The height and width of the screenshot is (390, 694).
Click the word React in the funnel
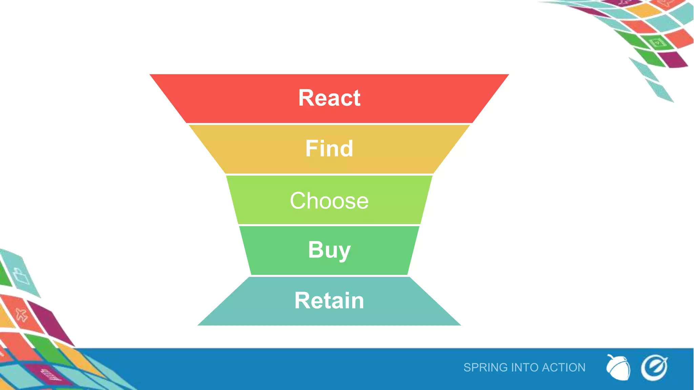click(x=329, y=98)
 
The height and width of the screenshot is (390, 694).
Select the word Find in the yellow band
click(x=329, y=148)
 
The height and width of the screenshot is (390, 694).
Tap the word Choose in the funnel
click(x=329, y=200)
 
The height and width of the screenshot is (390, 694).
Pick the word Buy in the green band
click(x=329, y=250)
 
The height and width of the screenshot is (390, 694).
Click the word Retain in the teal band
click(x=329, y=300)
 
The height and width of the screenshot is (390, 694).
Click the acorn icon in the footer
click(x=618, y=368)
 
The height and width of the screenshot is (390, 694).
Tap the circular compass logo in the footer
click(x=654, y=368)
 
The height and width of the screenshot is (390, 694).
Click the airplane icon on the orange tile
click(x=21, y=315)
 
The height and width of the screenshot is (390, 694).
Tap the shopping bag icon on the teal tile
click(x=21, y=276)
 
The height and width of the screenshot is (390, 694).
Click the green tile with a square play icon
click(x=657, y=43)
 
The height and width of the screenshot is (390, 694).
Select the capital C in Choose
click(x=298, y=200)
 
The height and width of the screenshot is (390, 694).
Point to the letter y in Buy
click(x=343, y=252)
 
